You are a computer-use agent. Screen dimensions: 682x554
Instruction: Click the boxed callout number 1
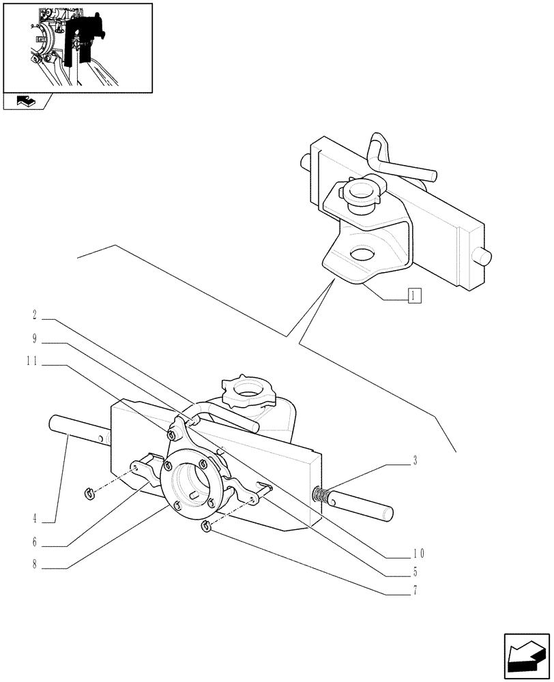[x=414, y=295]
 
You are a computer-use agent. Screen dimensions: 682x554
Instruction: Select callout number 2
[x=34, y=315]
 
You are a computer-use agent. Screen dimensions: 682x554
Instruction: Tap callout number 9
[x=34, y=338]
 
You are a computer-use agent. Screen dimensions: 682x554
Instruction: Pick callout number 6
[x=33, y=544]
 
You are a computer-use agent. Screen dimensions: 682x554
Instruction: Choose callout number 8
[x=33, y=565]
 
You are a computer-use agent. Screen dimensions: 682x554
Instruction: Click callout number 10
[x=418, y=552]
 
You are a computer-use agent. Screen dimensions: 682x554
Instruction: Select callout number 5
[x=415, y=572]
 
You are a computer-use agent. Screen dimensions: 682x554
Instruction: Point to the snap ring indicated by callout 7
[x=206, y=525]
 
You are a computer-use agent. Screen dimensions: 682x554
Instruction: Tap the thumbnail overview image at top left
[x=77, y=47]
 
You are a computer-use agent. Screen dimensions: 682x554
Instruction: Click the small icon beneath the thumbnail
[x=25, y=102]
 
